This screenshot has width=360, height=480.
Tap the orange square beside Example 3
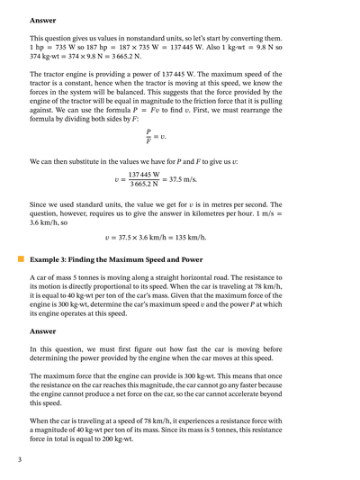click(20, 258)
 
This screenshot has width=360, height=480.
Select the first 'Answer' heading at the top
click(44, 20)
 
